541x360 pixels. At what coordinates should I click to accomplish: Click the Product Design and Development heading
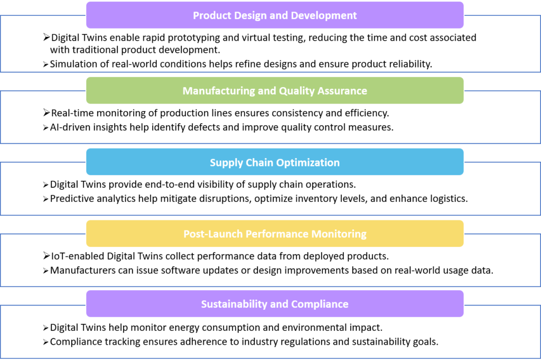pos(275,15)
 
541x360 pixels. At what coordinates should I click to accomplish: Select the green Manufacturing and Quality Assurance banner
pos(275,90)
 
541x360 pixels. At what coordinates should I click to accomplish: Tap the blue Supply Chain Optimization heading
pos(275,162)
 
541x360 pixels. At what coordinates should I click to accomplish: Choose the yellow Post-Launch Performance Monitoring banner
pos(275,234)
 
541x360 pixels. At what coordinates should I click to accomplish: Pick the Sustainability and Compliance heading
pos(275,304)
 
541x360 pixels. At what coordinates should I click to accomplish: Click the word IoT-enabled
pos(78,256)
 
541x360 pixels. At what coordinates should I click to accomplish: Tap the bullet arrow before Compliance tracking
pos(45,343)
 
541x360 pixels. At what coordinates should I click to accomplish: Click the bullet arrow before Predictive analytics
pos(45,199)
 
